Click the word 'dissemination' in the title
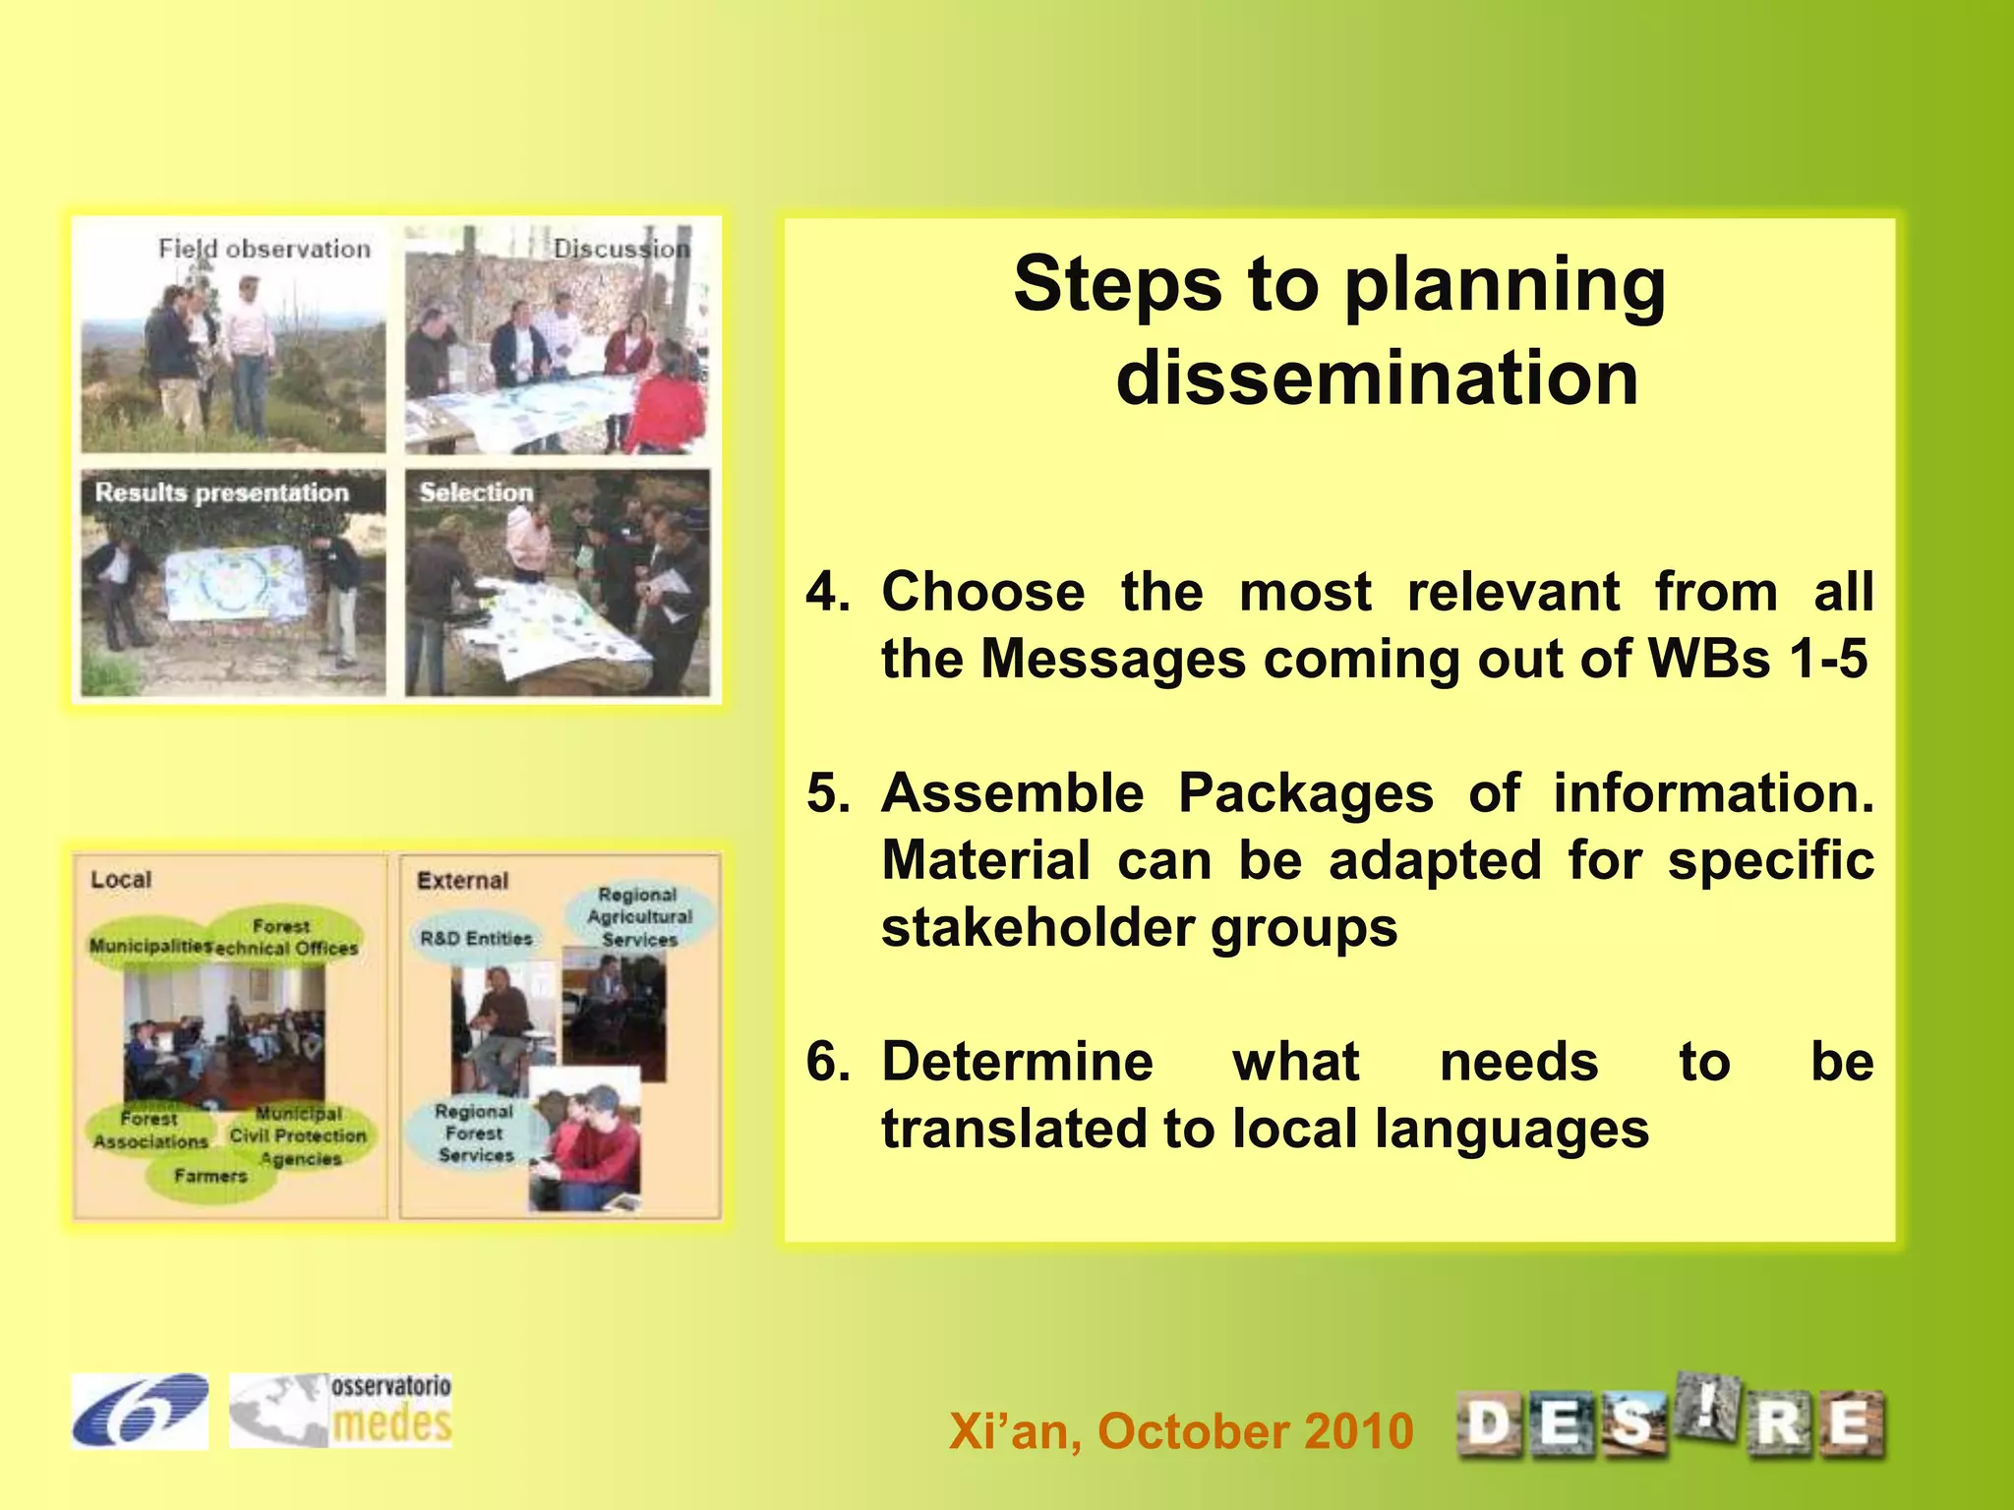[1377, 378]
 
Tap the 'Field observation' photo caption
[265, 249]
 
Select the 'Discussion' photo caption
[622, 249]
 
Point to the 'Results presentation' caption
[222, 493]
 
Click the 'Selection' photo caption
[476, 492]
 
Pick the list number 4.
[828, 592]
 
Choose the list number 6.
[828, 1062]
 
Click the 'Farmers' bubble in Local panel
[210, 1176]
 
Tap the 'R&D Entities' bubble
[476, 939]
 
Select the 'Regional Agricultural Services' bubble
[639, 916]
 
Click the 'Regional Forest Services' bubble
[475, 1133]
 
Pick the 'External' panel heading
[462, 881]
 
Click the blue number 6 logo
[140, 1411]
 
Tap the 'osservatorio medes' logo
[341, 1411]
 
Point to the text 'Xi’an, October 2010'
[1181, 1430]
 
